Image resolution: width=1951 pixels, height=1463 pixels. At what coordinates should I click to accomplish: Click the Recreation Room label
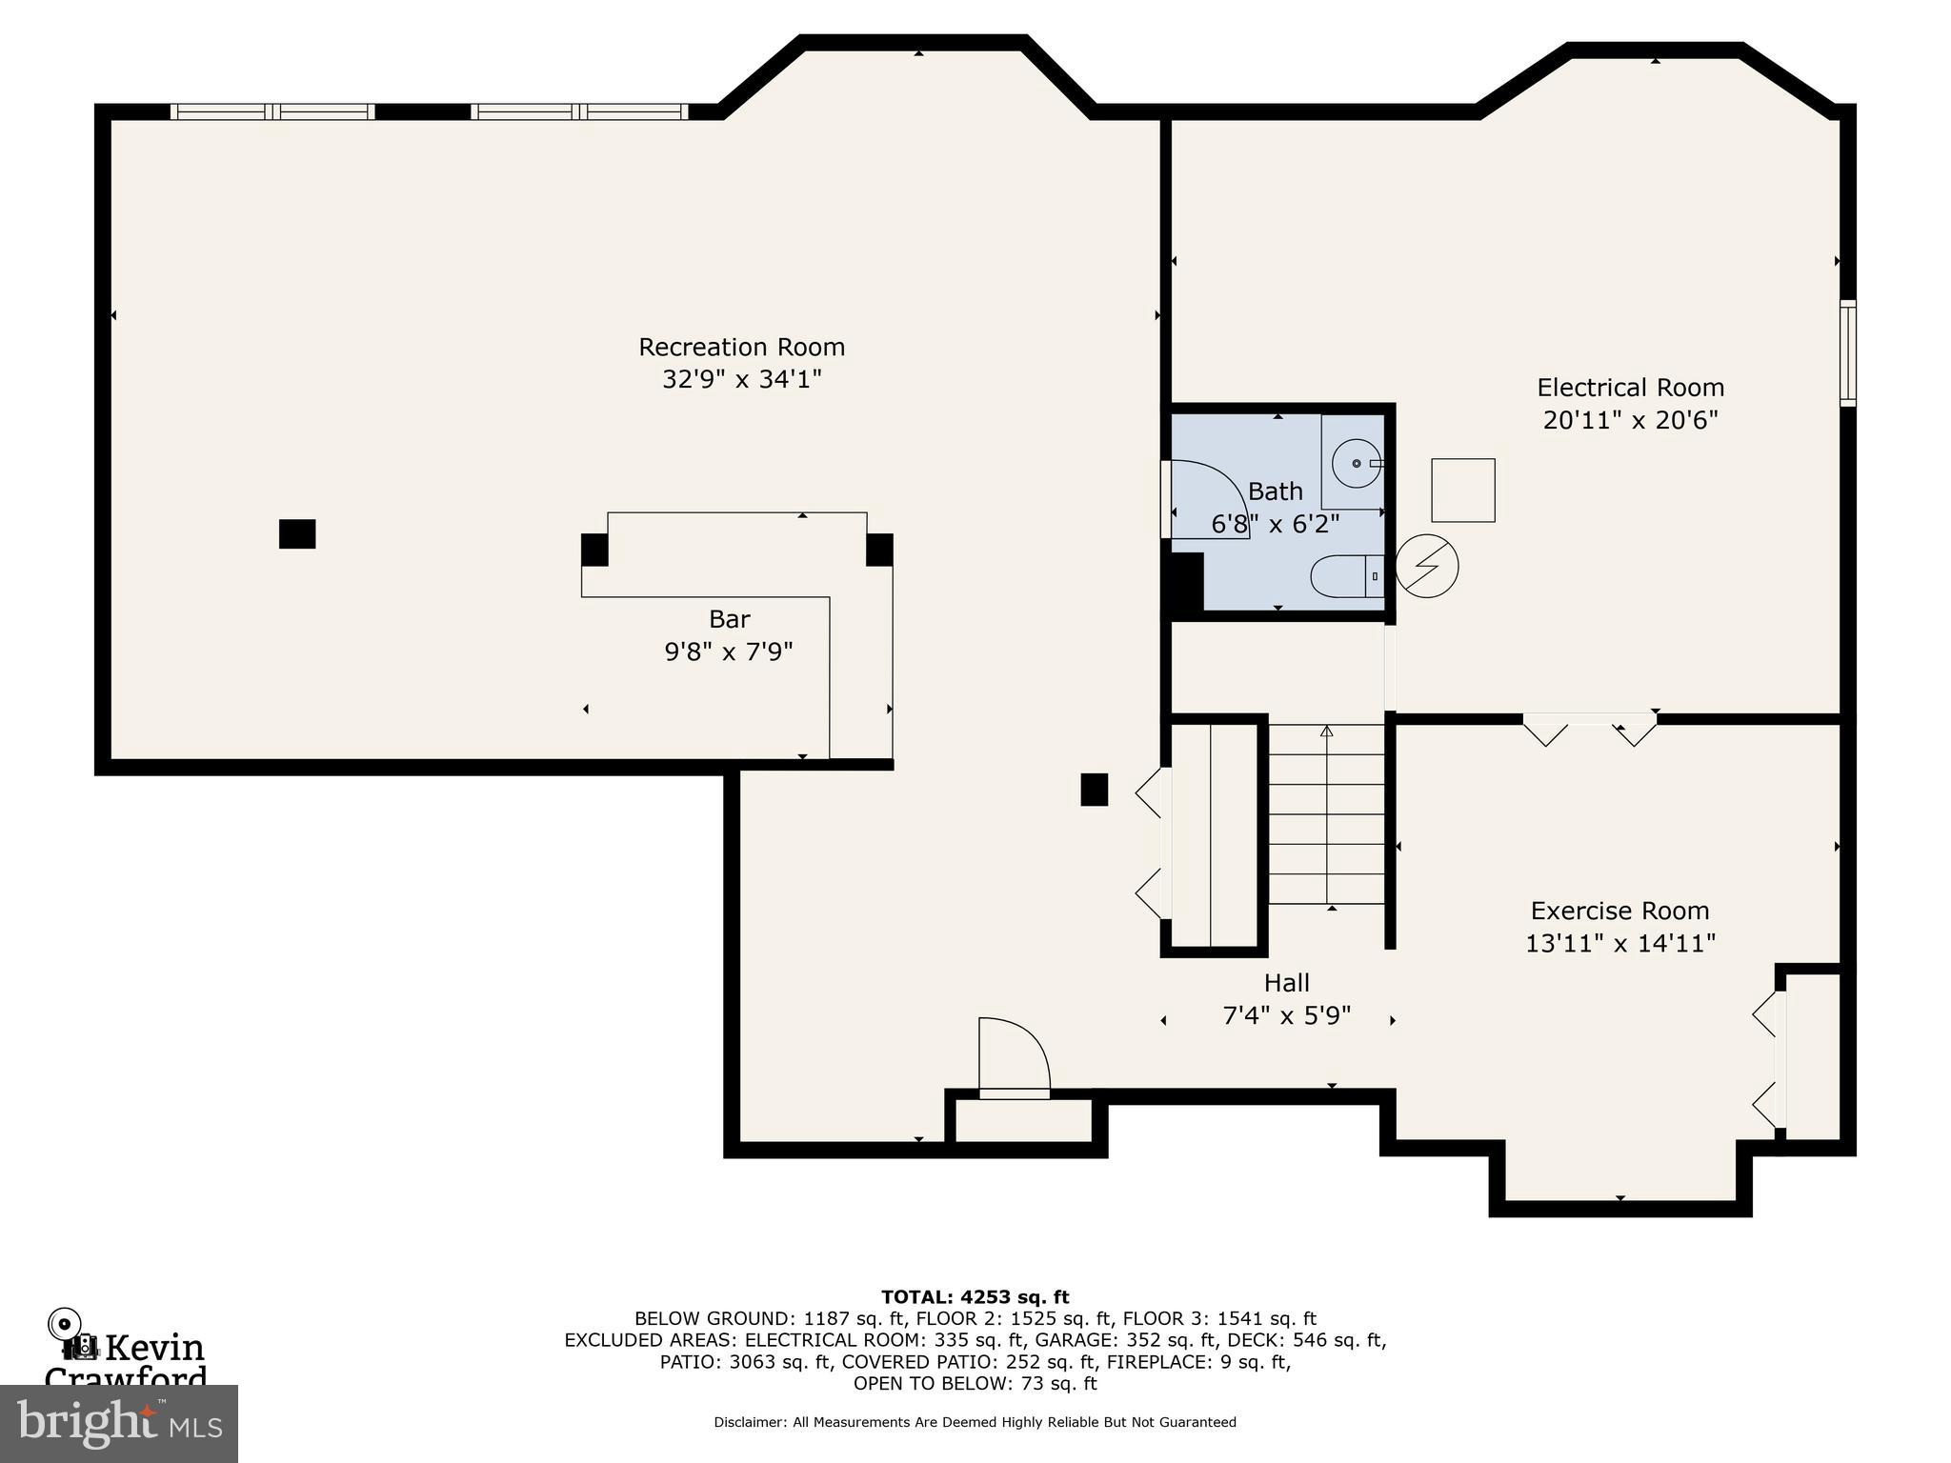coord(741,347)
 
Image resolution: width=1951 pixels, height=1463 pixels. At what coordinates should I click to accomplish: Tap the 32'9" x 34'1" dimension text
coord(741,380)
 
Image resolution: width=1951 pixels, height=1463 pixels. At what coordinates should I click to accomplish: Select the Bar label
coord(729,619)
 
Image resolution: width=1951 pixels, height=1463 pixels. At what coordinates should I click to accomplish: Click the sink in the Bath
coord(1356,464)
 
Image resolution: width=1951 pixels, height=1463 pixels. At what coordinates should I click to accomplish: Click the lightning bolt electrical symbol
coord(1426,566)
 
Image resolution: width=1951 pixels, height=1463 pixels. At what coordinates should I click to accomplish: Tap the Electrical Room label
coord(1630,388)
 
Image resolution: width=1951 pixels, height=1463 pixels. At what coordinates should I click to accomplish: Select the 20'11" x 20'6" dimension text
coord(1630,420)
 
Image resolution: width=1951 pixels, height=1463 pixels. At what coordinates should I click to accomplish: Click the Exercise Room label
coord(1619,911)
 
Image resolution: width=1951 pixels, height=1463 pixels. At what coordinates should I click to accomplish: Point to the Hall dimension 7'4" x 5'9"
coord(1286,1015)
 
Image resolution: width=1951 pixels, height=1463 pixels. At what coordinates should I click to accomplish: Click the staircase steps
coord(1326,814)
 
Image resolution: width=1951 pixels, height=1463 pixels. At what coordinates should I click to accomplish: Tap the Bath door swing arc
coord(1215,495)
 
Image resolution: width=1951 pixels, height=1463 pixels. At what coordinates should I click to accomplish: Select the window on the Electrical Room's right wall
coord(1847,352)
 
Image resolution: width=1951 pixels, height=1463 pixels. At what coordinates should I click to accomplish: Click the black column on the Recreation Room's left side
coord(297,533)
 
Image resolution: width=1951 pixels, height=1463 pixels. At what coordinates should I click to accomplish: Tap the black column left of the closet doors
coord(1094,790)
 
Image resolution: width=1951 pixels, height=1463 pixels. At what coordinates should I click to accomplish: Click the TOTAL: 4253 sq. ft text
coord(975,1296)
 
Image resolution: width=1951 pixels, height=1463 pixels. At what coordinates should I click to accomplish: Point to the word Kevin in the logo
coord(154,1348)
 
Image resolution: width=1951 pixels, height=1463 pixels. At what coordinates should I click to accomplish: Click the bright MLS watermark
coord(118,1423)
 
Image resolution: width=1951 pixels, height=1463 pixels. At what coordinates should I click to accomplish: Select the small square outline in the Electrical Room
coord(1463,490)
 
